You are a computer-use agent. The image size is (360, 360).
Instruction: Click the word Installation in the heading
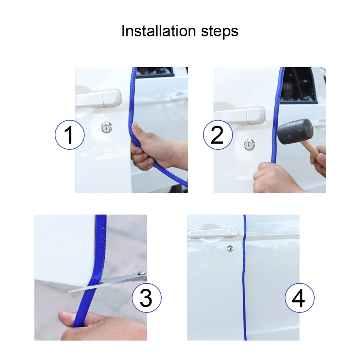158,31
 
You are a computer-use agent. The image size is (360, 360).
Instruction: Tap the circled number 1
69,135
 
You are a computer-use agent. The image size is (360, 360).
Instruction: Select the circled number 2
218,135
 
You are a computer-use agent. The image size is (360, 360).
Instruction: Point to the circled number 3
147,298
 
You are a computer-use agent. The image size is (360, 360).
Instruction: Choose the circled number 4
300,298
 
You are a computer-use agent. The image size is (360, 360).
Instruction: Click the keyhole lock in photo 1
107,127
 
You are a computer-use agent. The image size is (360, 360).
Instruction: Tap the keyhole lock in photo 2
249,145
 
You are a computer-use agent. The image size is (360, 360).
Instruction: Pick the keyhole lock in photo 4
230,248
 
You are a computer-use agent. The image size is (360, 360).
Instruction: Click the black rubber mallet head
295,131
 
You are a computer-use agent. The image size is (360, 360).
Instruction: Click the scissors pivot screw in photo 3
141,273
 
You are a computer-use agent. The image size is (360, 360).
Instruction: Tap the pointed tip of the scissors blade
68,292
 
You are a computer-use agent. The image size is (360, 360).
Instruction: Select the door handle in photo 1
98,99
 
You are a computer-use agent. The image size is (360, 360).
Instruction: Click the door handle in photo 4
213,234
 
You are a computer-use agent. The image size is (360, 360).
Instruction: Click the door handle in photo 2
239,116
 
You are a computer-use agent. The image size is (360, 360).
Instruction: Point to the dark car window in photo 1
156,72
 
